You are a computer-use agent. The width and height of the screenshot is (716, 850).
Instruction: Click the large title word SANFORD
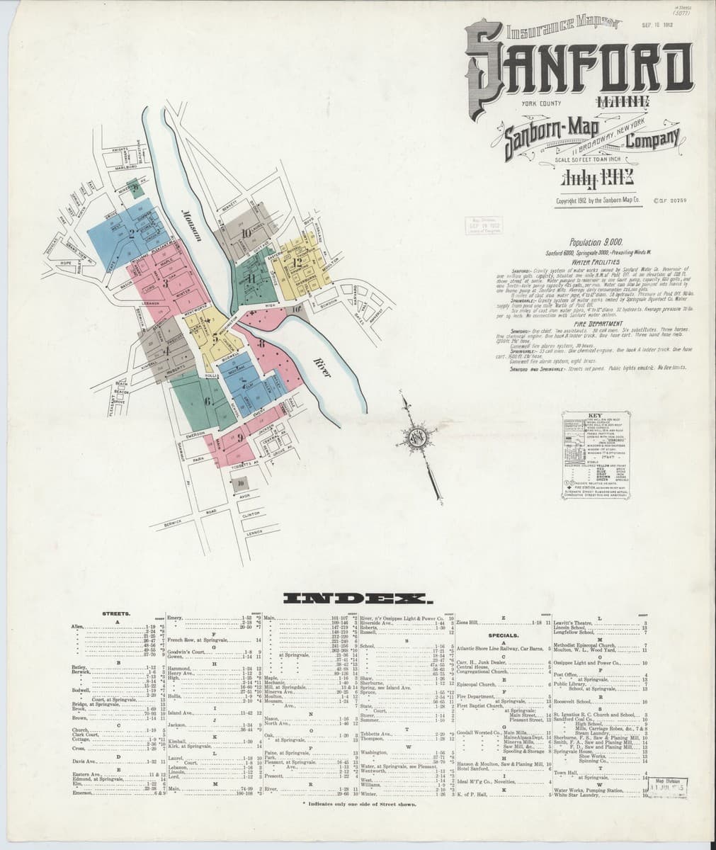point(579,65)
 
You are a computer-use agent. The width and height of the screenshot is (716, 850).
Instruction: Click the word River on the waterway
point(321,368)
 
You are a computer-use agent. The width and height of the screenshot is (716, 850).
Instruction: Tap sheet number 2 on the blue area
point(132,231)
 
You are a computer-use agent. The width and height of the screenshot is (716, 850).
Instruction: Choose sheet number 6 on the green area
point(207,401)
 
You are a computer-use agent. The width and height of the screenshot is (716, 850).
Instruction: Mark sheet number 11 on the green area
point(251,277)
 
